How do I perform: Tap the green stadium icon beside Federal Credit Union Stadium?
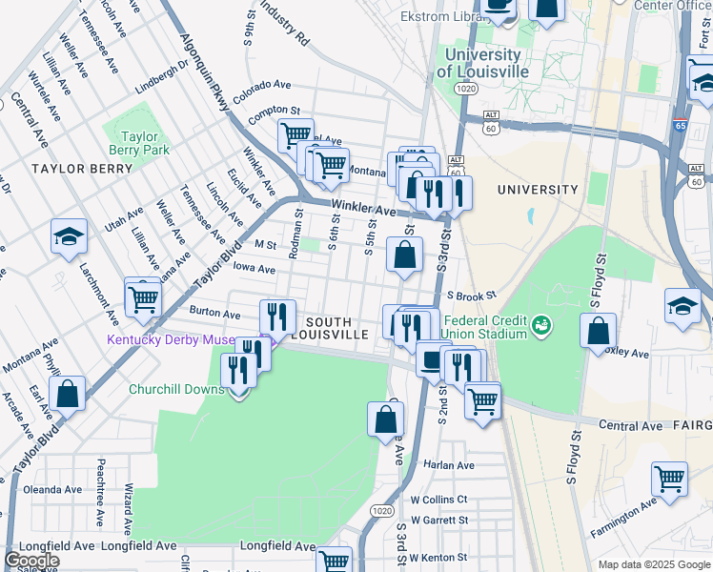(x=541, y=325)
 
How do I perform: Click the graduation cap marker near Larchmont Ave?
(x=70, y=238)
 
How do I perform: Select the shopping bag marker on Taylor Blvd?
(x=68, y=393)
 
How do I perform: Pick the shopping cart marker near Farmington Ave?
(x=670, y=479)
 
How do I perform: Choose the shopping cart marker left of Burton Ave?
(x=143, y=297)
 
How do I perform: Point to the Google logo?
(x=31, y=561)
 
